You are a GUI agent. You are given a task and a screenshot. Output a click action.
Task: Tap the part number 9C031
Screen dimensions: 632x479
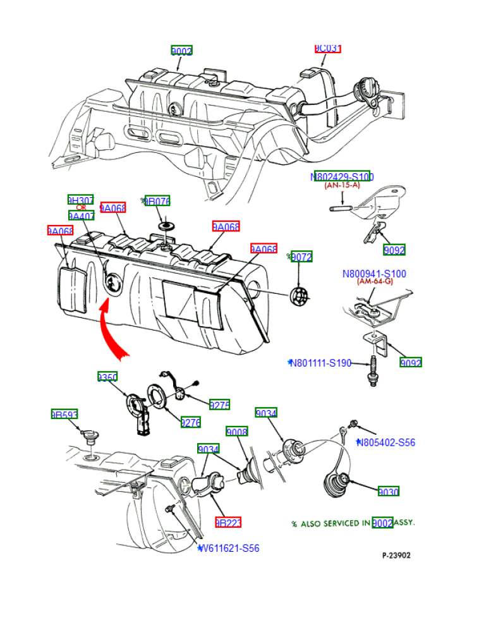tap(328, 48)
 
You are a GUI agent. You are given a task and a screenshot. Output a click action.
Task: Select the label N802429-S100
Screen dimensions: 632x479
tap(342, 177)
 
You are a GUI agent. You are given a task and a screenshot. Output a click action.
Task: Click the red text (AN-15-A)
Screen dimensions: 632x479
tap(342, 186)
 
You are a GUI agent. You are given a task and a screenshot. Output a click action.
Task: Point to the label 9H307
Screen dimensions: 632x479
tap(80, 200)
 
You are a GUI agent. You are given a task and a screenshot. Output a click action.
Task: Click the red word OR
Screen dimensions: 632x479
tap(81, 208)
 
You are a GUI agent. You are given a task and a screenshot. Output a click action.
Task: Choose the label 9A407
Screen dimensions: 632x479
tap(81, 216)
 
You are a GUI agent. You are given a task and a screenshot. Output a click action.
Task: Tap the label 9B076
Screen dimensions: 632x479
tap(157, 201)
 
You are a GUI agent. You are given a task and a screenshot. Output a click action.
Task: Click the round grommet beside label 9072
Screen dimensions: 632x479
tap(299, 295)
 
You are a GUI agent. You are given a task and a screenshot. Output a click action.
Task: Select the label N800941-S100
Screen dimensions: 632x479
tap(374, 274)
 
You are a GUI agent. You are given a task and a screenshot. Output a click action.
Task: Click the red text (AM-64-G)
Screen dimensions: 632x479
tap(375, 282)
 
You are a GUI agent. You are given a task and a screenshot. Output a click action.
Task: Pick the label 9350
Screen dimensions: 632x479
tap(107, 377)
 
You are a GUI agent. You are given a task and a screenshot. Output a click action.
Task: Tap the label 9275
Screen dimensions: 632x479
tap(219, 404)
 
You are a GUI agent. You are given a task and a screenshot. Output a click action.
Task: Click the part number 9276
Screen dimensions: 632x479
tap(190, 422)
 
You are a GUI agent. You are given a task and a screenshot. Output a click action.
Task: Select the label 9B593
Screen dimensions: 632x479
tap(64, 415)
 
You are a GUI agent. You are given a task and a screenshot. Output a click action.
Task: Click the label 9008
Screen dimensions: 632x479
tap(237, 432)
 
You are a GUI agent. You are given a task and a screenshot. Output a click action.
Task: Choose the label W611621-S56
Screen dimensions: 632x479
tap(229, 549)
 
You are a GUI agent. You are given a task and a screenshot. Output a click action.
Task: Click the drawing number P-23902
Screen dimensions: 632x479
tap(396, 556)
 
